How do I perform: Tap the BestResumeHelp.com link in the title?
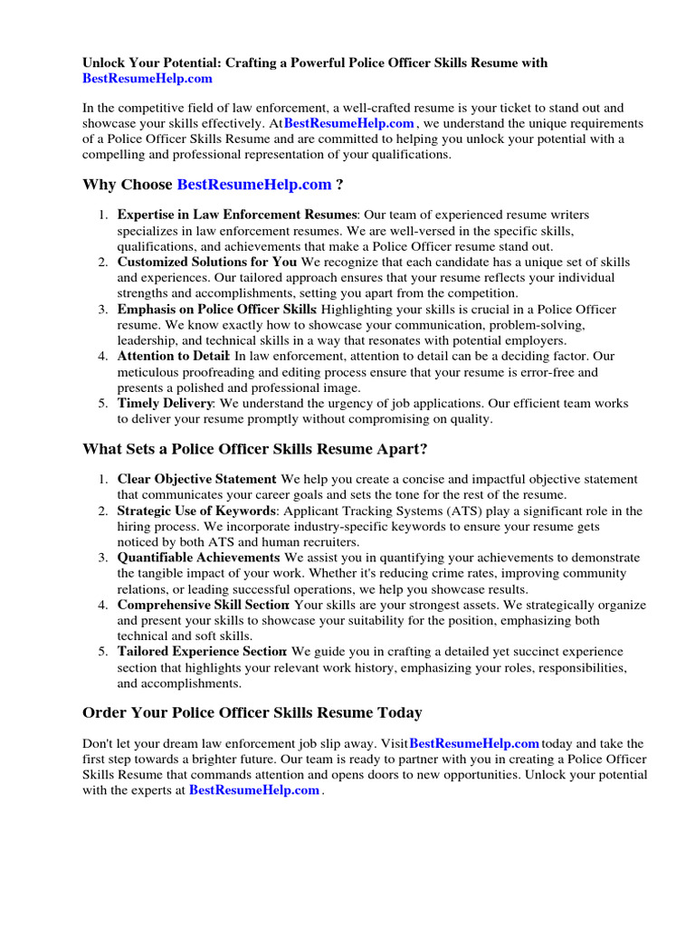click(x=148, y=79)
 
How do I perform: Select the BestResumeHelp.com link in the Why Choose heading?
click(x=254, y=185)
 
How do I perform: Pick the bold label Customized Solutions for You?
click(x=207, y=262)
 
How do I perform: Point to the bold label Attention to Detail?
click(x=173, y=356)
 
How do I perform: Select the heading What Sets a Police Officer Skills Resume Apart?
click(x=254, y=449)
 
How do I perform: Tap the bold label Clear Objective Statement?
click(x=196, y=479)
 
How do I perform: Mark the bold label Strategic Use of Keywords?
click(x=196, y=511)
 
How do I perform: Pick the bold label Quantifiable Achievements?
click(x=198, y=558)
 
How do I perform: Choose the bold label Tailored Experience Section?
click(x=202, y=652)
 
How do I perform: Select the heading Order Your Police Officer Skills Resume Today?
click(x=252, y=712)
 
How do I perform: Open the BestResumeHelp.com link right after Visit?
click(x=474, y=743)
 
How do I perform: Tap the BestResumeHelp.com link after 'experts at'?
click(x=254, y=790)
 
